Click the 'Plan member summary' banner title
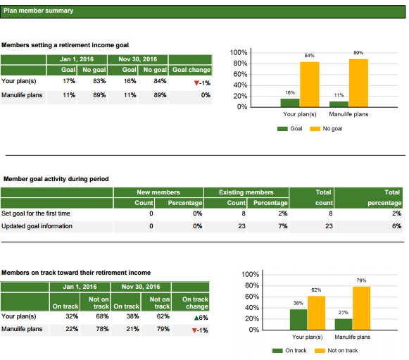pos(38,11)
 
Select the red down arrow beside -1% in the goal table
pos(196,83)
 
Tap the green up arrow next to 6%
pos(196,318)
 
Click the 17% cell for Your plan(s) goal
pos(69,81)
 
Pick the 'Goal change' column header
pos(191,70)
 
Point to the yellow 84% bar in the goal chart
pos(309,85)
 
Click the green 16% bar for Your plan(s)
pos(290,103)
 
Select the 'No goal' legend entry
pos(326,129)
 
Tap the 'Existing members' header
pos(246,192)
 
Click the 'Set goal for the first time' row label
pos(36,213)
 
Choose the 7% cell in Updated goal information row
pos(283,226)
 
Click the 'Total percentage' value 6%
pos(396,226)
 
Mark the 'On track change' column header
pos(195,303)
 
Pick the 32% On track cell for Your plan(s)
pos(72,316)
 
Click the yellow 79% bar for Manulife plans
pos(362,309)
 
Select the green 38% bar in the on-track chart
pos(298,320)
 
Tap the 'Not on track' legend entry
pos(336,351)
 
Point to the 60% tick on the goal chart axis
pos(240,75)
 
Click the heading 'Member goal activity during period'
pos(56,179)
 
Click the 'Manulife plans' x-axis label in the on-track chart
pos(353,337)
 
